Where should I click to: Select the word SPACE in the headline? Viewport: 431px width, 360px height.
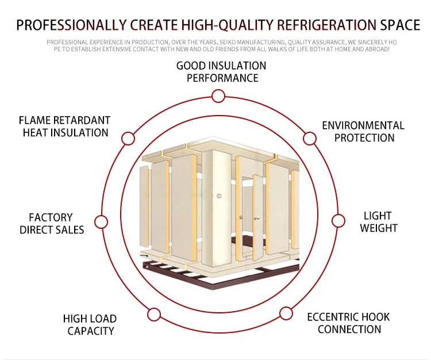[x=400, y=25]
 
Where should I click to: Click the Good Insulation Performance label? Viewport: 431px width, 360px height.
[x=222, y=72]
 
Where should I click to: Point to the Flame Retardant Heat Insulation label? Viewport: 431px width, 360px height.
[x=65, y=127]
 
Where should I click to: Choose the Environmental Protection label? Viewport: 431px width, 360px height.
[x=363, y=132]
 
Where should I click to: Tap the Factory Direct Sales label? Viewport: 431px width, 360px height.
[x=52, y=224]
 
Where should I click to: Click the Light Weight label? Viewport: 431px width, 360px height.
[x=378, y=222]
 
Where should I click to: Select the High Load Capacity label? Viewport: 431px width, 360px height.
[x=90, y=325]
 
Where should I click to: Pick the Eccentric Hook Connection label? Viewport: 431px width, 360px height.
[x=349, y=323]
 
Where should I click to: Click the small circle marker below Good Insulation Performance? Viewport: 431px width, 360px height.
[x=218, y=96]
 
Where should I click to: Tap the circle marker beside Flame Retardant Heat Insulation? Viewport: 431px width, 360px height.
[x=129, y=139]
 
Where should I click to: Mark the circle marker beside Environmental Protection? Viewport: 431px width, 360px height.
[x=310, y=138]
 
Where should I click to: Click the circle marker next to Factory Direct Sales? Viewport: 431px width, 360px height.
[x=101, y=222]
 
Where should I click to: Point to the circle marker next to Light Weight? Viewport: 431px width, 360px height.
[x=338, y=221]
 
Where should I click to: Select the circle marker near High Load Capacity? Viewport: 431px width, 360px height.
[x=153, y=315]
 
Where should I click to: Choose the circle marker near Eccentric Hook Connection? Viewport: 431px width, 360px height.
[x=286, y=313]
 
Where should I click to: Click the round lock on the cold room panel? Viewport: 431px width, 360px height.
[x=219, y=197]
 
